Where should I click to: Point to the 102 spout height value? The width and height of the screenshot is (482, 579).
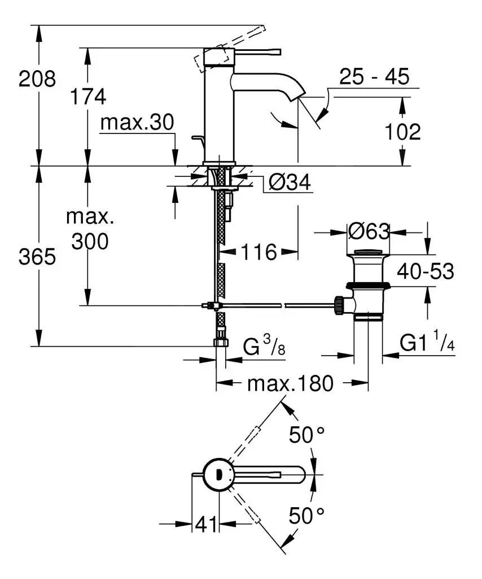pos(402,132)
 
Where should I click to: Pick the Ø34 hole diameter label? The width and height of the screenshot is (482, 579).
pos(289,182)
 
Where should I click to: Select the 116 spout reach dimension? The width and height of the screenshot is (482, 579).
pos(260,252)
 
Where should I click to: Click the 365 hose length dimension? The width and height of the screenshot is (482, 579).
pos(37,257)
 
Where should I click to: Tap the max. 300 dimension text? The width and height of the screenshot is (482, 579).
pos(87,229)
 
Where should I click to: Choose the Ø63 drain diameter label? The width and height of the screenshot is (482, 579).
pos(369,231)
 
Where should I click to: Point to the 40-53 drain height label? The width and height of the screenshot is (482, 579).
pos(425,271)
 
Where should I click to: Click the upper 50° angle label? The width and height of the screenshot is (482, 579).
pos(307,435)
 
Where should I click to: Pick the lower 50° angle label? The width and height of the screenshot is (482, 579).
pos(307,515)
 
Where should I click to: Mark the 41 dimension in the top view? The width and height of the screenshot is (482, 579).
pos(205,525)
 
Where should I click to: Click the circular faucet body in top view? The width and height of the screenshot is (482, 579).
pos(218,474)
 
